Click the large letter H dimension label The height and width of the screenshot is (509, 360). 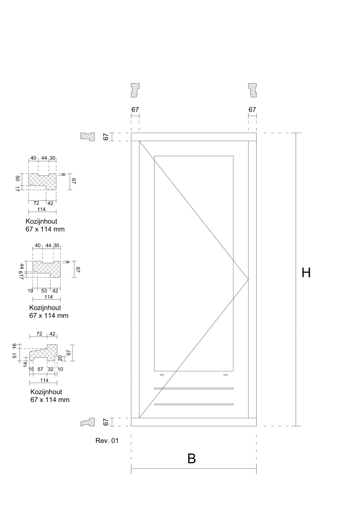(x=306, y=273)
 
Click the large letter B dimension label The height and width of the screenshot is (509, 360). (x=192, y=459)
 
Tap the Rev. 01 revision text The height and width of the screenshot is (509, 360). (x=107, y=441)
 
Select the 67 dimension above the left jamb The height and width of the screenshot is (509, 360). (x=135, y=109)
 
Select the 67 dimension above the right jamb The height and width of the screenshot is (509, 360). (x=252, y=109)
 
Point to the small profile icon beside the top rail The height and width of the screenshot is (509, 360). (x=88, y=137)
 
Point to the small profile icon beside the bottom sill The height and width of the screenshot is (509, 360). (x=88, y=422)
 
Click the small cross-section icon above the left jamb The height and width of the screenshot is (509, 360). (x=135, y=90)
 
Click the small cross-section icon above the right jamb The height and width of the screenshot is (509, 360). (x=252, y=90)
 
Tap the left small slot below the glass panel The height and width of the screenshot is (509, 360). (x=162, y=375)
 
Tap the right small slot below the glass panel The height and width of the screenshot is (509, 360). (x=226, y=375)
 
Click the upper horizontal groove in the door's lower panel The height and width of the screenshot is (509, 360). (x=194, y=388)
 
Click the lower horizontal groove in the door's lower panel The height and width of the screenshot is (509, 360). (x=194, y=404)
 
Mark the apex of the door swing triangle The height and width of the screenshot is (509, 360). (x=248, y=279)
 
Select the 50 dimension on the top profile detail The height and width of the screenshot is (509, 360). (x=18, y=179)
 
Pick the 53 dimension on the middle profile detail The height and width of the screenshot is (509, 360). (x=44, y=291)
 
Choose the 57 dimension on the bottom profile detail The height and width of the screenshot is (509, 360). (x=40, y=369)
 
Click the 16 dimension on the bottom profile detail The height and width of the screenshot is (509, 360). (x=15, y=345)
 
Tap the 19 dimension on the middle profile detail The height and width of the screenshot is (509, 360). (x=30, y=291)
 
